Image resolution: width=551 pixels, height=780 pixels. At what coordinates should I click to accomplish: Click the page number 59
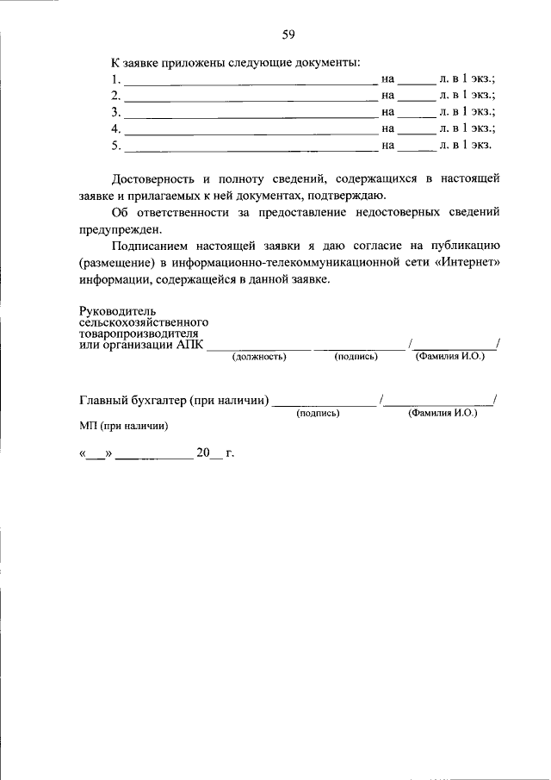pos(288,34)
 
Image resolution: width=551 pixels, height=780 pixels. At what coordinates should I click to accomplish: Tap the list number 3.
pos(115,112)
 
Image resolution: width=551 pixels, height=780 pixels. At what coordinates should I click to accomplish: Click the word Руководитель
pos(115,310)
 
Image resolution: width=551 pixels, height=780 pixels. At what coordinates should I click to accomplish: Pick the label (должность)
pos(259,356)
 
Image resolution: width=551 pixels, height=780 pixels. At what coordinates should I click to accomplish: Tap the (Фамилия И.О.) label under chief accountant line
pos(443,413)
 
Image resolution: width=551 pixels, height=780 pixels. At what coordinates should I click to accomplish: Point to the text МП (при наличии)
pos(123,426)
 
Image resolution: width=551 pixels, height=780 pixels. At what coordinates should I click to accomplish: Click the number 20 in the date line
pos(204,454)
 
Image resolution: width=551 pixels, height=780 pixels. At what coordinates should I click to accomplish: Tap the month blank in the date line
pos(154,458)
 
